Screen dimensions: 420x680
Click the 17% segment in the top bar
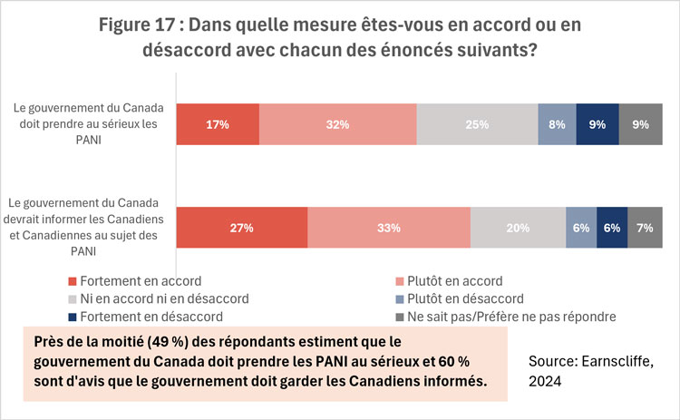pos(218,124)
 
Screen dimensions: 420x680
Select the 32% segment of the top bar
pos(338,124)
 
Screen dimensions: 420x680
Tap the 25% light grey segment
pos(478,124)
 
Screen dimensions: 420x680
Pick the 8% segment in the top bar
pos(557,124)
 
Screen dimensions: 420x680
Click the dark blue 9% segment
pos(597,124)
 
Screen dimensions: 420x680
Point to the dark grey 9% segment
pos(640,124)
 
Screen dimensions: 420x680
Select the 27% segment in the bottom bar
pos(241,228)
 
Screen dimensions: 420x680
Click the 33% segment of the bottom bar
pos(389,228)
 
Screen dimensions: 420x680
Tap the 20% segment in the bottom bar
pos(518,228)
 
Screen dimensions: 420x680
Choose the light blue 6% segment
pos(580,228)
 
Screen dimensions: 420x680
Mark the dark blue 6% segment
pos(611,228)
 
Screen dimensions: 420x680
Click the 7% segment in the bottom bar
pos(644,228)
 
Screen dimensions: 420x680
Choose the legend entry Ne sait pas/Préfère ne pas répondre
pos(504,317)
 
